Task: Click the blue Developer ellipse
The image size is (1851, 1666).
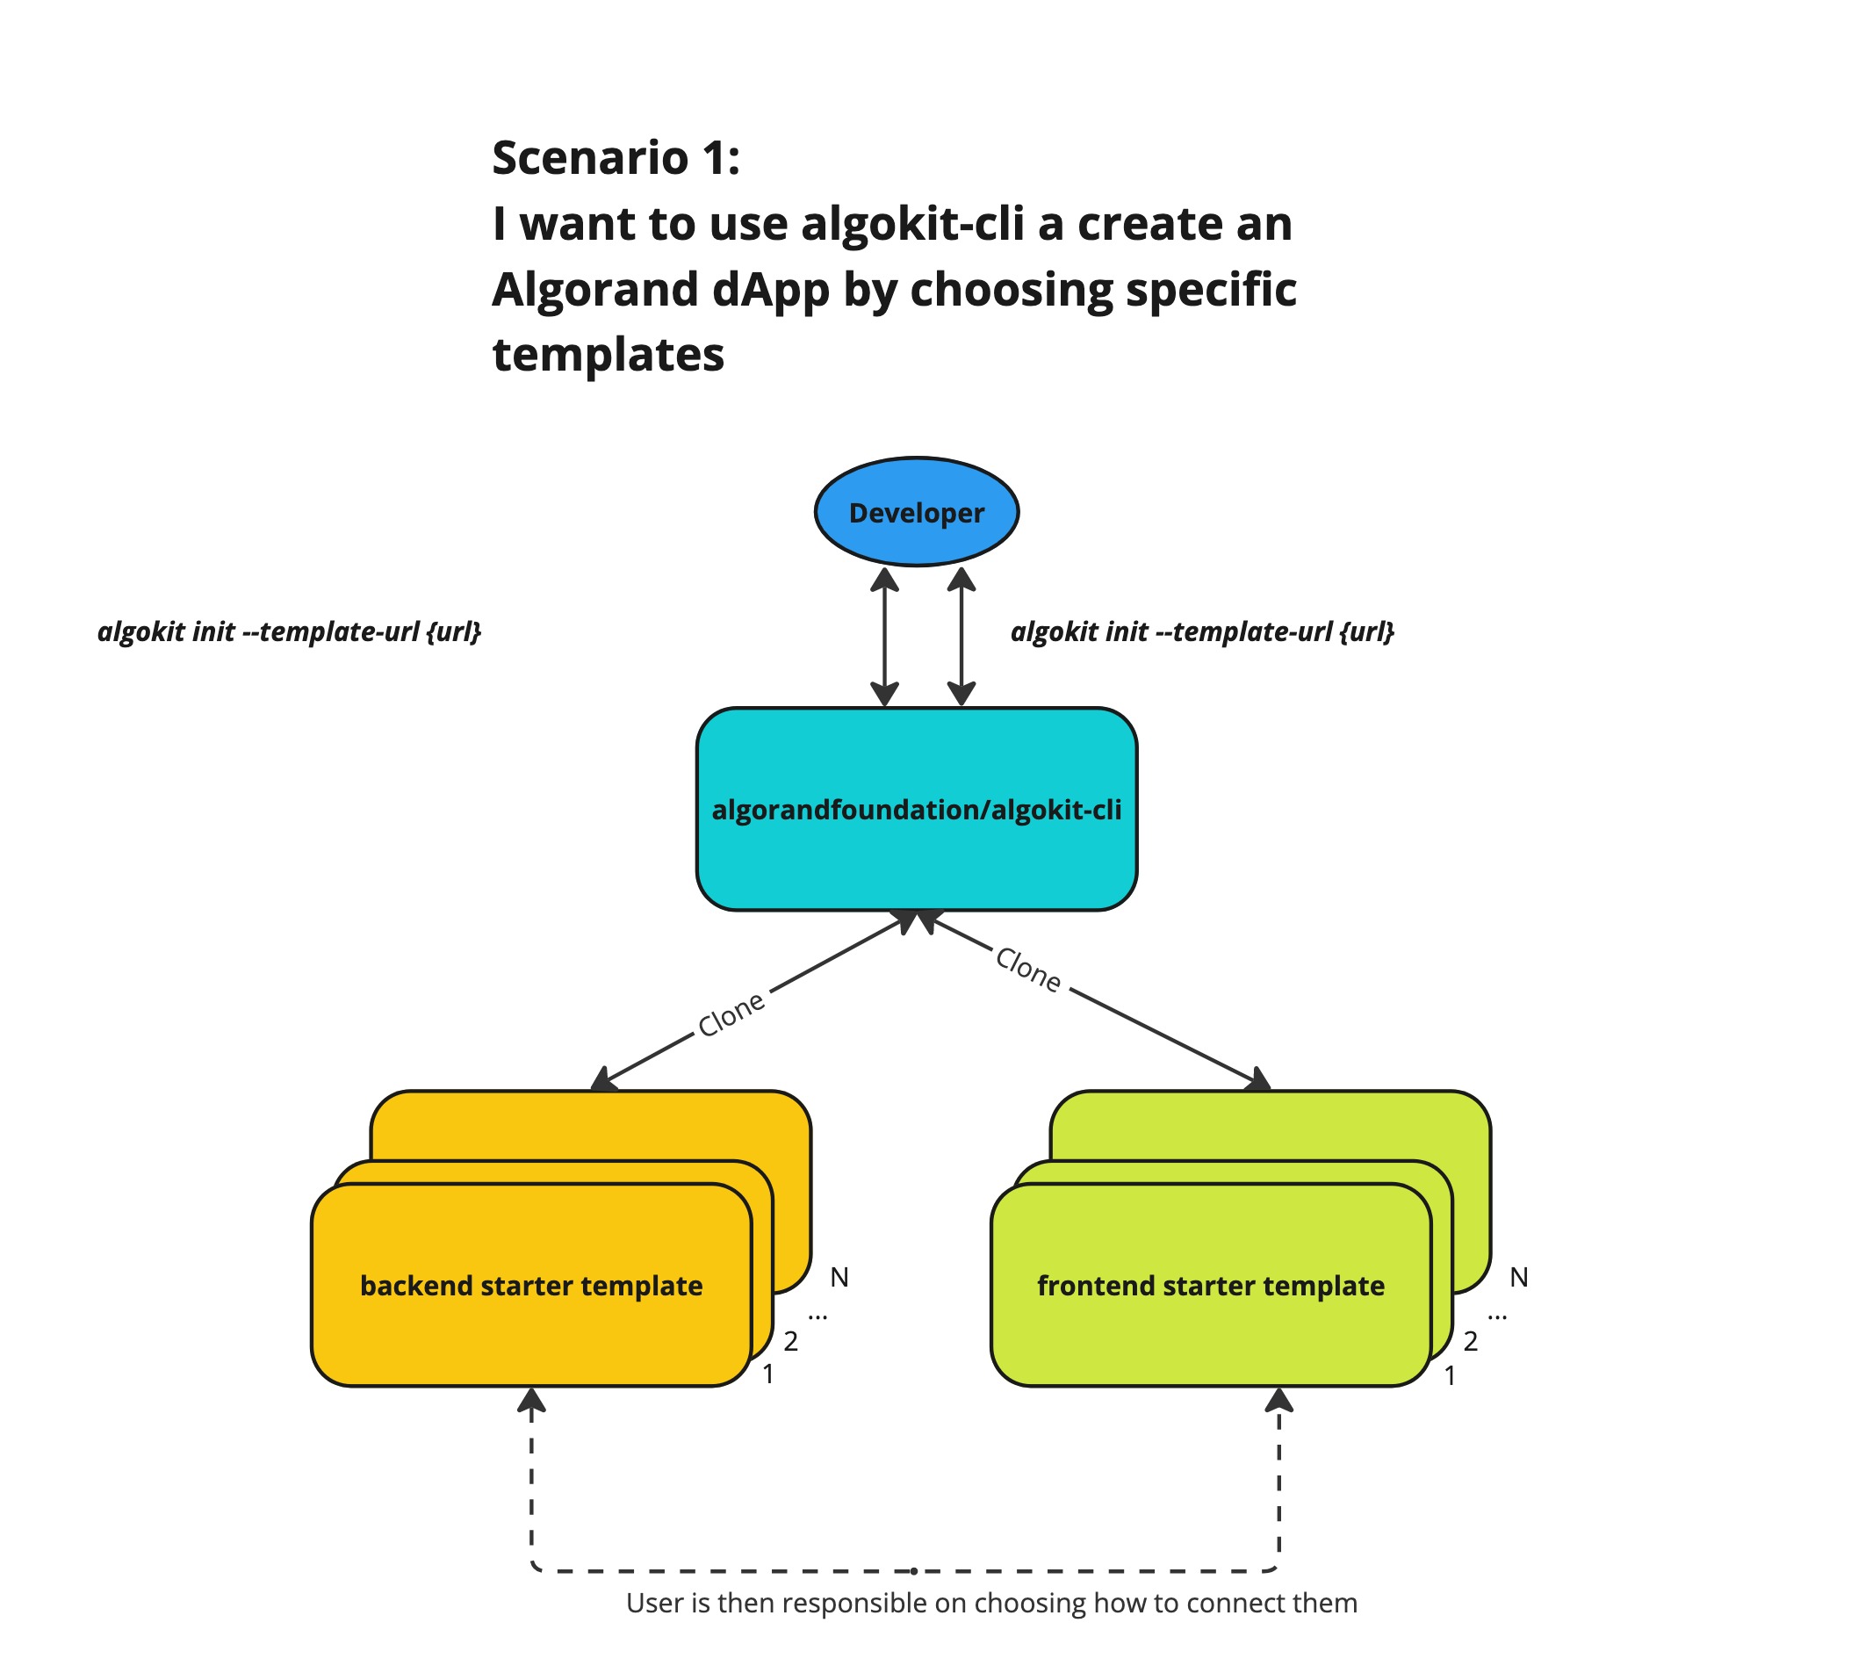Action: (x=917, y=512)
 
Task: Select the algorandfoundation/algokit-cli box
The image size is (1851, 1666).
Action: (x=917, y=809)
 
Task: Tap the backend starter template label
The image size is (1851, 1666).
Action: (x=531, y=1285)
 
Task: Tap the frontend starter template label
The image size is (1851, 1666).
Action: (x=1210, y=1285)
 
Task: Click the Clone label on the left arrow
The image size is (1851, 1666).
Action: (x=731, y=1014)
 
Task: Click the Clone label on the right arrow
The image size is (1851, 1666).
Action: (x=1028, y=970)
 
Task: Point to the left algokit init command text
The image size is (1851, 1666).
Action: (x=289, y=631)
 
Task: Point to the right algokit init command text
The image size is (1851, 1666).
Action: (x=1202, y=631)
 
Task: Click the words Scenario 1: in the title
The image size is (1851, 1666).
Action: (x=616, y=157)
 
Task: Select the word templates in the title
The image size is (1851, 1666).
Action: (x=608, y=354)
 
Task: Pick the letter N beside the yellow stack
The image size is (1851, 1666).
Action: (x=839, y=1277)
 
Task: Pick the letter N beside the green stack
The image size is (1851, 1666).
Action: (x=1519, y=1277)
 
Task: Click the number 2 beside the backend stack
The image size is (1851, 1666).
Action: (x=791, y=1341)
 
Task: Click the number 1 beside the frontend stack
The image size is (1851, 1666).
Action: (x=1450, y=1375)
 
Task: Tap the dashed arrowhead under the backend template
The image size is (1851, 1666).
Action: (x=531, y=1401)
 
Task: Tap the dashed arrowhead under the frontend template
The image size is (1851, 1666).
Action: (x=1278, y=1401)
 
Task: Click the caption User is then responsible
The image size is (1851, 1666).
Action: (x=991, y=1603)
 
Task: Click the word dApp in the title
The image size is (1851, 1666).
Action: (x=771, y=289)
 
